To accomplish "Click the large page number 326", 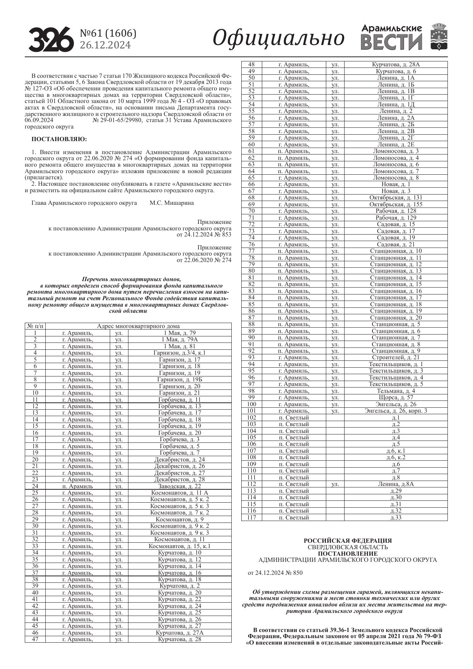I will (x=51, y=39).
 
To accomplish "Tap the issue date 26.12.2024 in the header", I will (x=105, y=45).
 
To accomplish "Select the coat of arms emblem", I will (x=439, y=37).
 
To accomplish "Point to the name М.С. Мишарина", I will (x=172, y=203).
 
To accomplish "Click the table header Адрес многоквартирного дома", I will (x=138, y=326).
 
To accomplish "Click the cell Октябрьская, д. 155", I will (x=396, y=204).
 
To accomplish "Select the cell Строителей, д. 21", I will (x=396, y=357).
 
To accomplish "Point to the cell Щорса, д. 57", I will (x=396, y=397).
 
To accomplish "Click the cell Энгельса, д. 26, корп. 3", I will (x=396, y=411).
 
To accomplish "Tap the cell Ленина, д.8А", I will (x=396, y=484).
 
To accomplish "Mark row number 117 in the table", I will (x=252, y=518).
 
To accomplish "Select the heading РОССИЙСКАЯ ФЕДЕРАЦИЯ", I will (x=348, y=540).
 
